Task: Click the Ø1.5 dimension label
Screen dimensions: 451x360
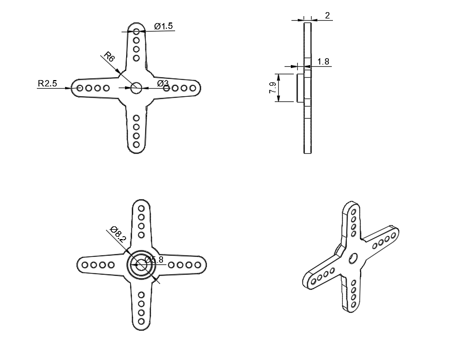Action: [164, 26]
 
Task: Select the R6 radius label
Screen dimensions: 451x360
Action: [109, 56]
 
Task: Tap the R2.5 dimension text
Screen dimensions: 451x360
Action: [47, 84]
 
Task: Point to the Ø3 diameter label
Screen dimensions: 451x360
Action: [163, 84]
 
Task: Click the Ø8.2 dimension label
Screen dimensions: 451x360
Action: [118, 234]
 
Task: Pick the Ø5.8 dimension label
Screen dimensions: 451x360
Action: [154, 259]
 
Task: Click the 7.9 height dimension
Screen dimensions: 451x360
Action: [272, 88]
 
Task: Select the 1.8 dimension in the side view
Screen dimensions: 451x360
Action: [323, 62]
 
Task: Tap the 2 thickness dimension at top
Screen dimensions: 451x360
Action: [327, 16]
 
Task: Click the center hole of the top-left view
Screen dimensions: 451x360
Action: [136, 88]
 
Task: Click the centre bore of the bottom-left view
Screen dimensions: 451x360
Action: [141, 265]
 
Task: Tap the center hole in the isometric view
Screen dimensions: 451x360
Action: [353, 259]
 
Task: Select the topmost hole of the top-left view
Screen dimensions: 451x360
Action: [137, 31]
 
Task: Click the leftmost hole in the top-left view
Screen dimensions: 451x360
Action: [79, 88]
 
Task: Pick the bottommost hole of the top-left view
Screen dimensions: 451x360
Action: [137, 145]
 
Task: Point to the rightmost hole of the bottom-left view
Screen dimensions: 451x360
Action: [198, 265]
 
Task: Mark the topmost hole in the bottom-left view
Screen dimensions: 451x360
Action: [141, 209]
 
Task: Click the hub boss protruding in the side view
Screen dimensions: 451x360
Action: [300, 88]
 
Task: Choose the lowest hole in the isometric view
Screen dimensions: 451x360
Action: [354, 304]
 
